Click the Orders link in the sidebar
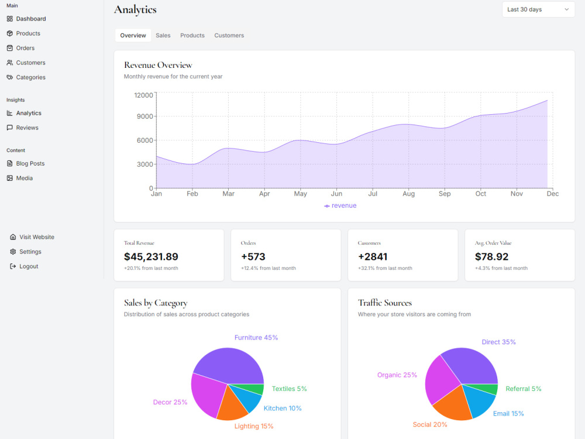coord(20,48)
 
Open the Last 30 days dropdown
coord(538,9)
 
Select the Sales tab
coord(163,36)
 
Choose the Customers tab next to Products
coord(229,36)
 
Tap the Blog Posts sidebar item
coord(25,163)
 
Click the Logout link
coord(24,266)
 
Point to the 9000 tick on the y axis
coord(144,116)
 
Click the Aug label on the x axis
coord(408,194)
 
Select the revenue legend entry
coord(340,205)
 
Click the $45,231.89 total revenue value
coord(151,257)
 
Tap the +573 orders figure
coord(253,257)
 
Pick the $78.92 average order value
coord(491,257)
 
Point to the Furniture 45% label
coord(256,338)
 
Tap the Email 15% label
coord(508,414)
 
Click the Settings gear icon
coord(13,252)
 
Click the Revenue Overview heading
coord(158,65)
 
